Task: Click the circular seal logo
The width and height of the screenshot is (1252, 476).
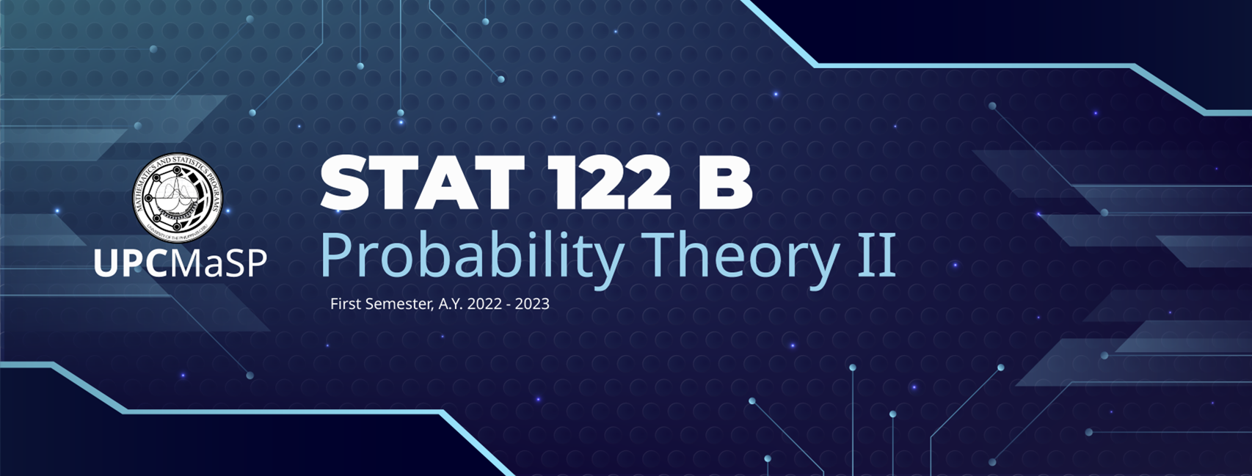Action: tap(177, 197)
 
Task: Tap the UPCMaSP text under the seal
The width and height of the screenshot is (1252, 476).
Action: tap(180, 263)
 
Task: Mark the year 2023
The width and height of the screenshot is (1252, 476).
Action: tap(532, 304)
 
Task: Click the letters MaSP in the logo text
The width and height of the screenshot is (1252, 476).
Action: tap(219, 263)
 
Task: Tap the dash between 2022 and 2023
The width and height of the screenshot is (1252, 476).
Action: tap(509, 304)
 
